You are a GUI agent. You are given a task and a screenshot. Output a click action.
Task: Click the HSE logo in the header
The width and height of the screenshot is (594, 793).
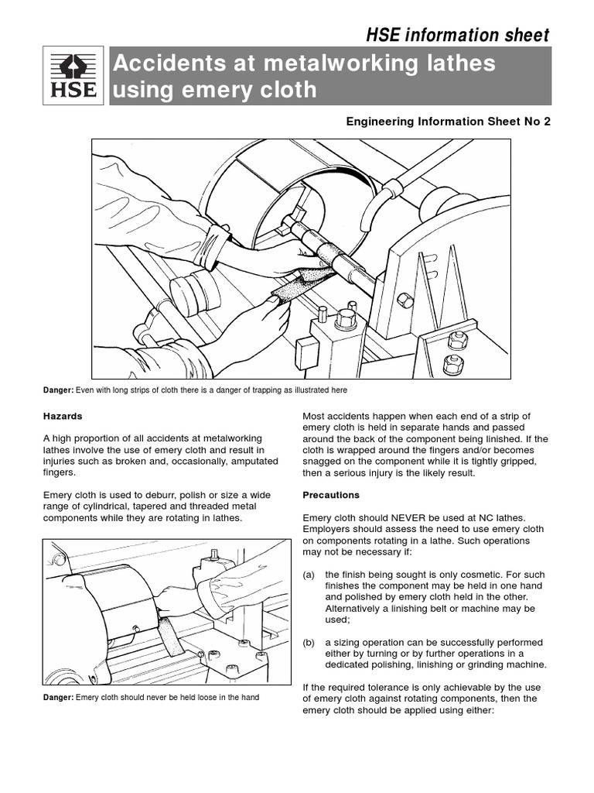pos(74,76)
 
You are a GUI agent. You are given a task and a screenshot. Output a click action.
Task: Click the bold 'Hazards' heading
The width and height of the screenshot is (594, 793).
pos(63,416)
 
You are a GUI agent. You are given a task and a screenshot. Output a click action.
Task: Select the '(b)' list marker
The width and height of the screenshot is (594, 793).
pos(309,642)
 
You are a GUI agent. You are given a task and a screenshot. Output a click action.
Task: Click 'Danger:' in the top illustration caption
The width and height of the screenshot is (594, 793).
pos(58,390)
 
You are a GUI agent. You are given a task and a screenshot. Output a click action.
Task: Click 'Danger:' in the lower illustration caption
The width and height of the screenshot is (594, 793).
pos(58,698)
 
